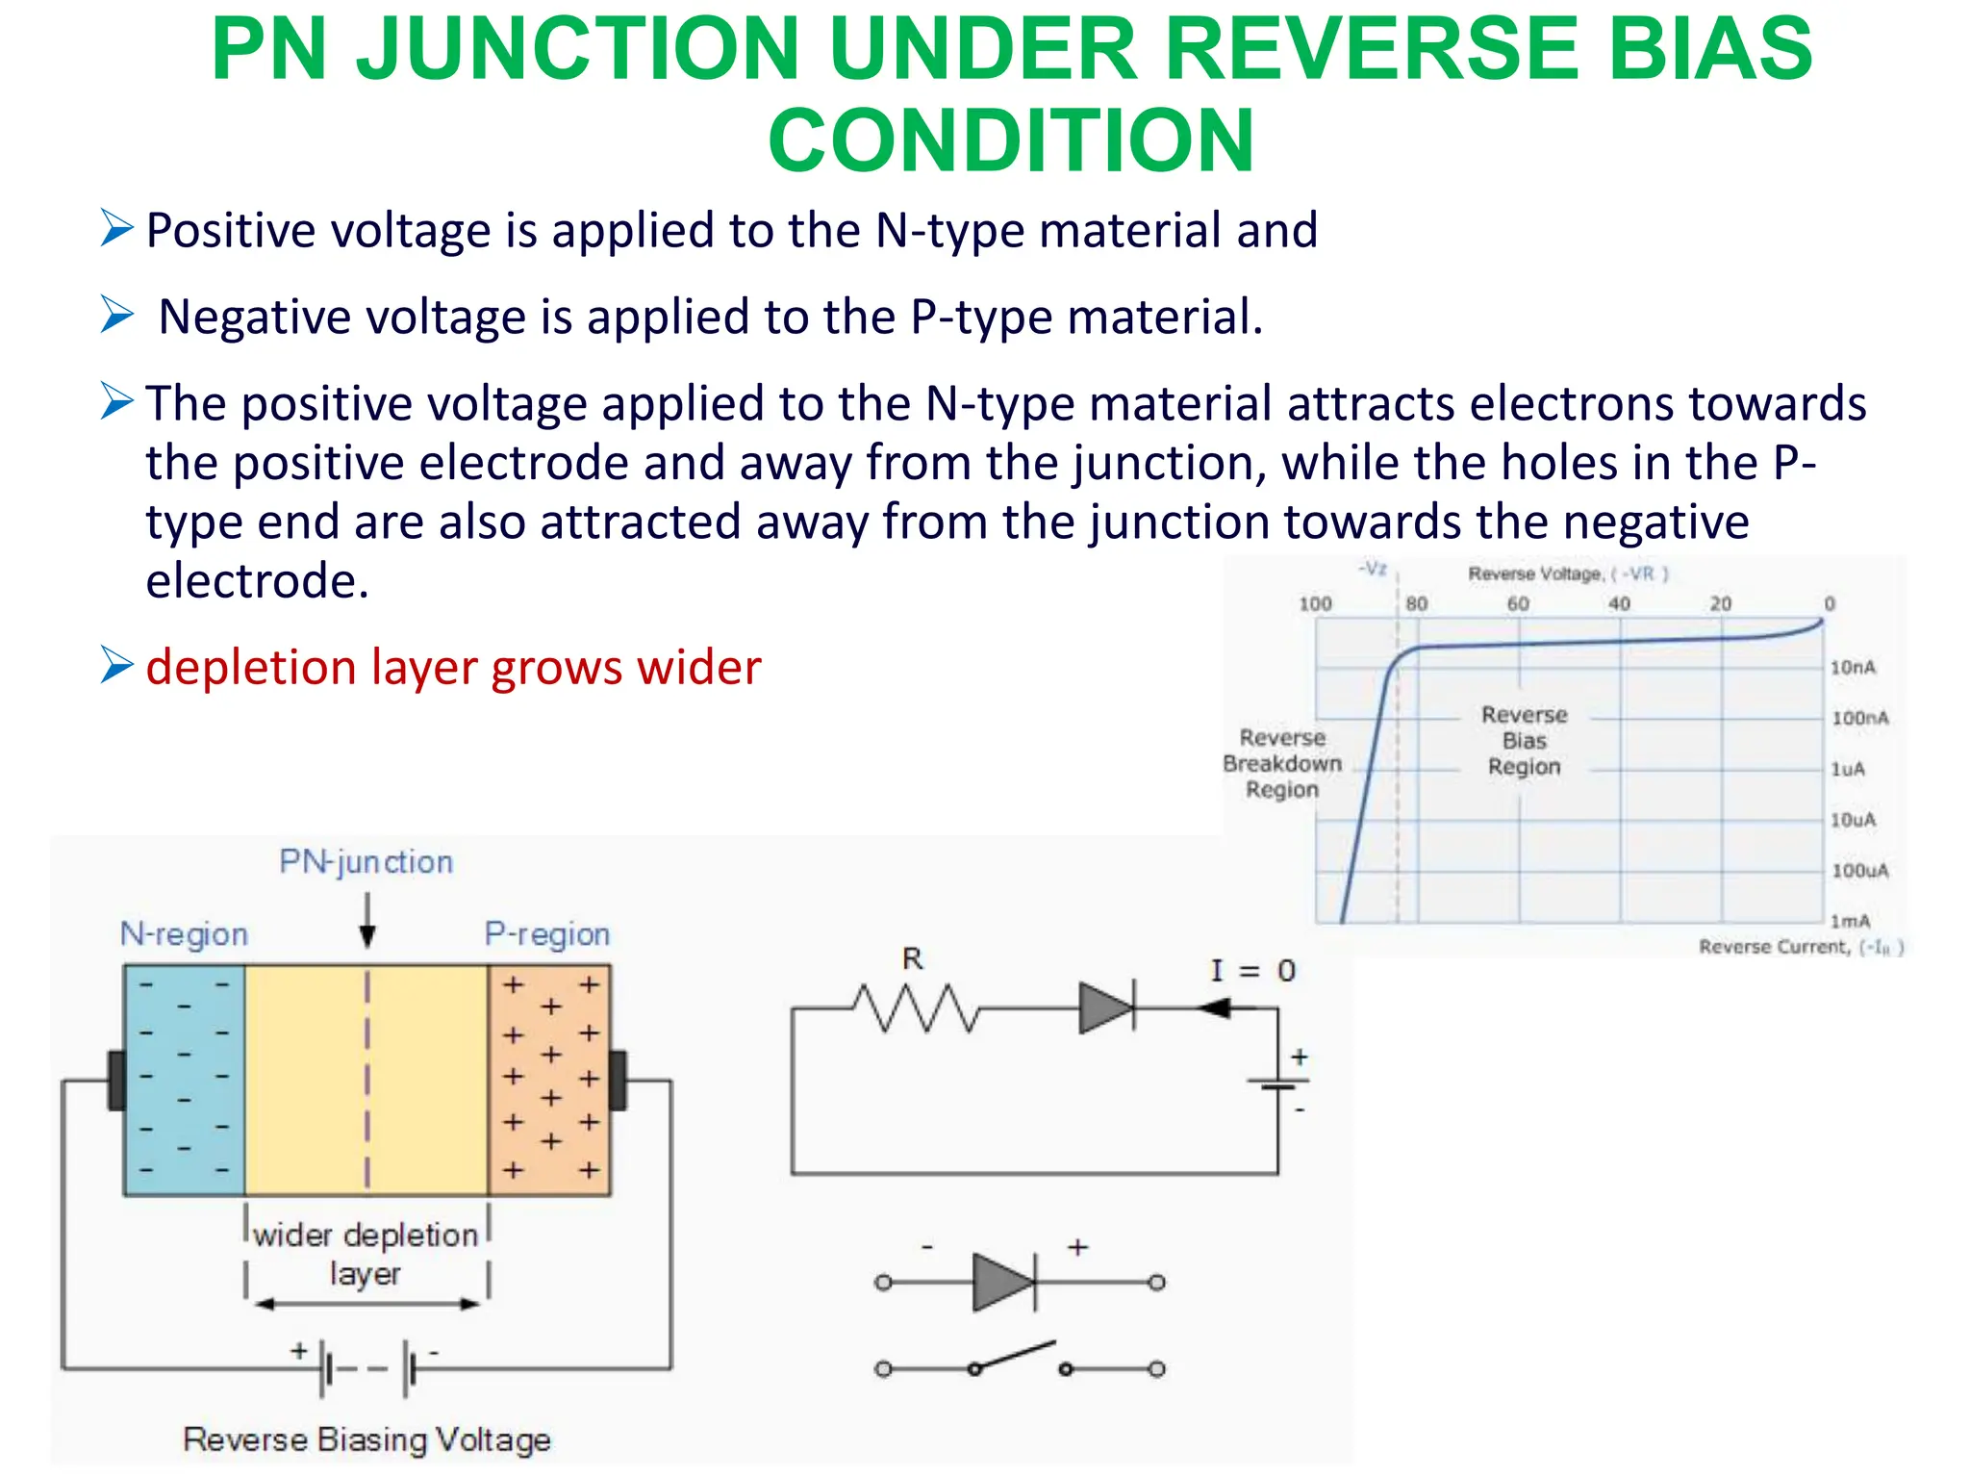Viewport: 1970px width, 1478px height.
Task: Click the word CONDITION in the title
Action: tap(1011, 141)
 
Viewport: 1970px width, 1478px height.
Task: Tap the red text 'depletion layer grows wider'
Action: tap(453, 667)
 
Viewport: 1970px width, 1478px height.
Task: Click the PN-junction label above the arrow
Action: tap(366, 861)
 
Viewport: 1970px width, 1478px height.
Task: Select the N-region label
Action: tap(184, 933)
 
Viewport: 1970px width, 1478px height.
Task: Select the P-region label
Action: tap(546, 933)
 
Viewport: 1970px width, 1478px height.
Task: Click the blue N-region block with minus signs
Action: tap(184, 1080)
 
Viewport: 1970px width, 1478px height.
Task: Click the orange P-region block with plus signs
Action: tap(549, 1080)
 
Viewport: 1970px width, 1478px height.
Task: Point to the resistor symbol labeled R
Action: tap(915, 1007)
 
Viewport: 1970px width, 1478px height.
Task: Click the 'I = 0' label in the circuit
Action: tap(1252, 970)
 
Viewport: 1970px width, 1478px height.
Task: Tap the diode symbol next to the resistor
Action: tap(1106, 1007)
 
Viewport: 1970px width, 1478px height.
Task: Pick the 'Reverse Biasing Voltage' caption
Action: tap(366, 1440)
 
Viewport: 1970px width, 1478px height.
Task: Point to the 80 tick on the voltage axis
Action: tap(1416, 604)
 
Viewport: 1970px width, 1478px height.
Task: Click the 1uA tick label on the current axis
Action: tap(1847, 769)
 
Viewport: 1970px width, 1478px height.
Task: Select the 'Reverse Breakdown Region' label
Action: tap(1282, 763)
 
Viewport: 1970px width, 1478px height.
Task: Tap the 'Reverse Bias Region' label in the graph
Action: tap(1524, 740)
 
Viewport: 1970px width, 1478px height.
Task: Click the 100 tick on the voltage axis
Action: tap(1315, 604)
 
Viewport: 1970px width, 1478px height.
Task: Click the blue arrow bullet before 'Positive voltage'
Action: tap(116, 229)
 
